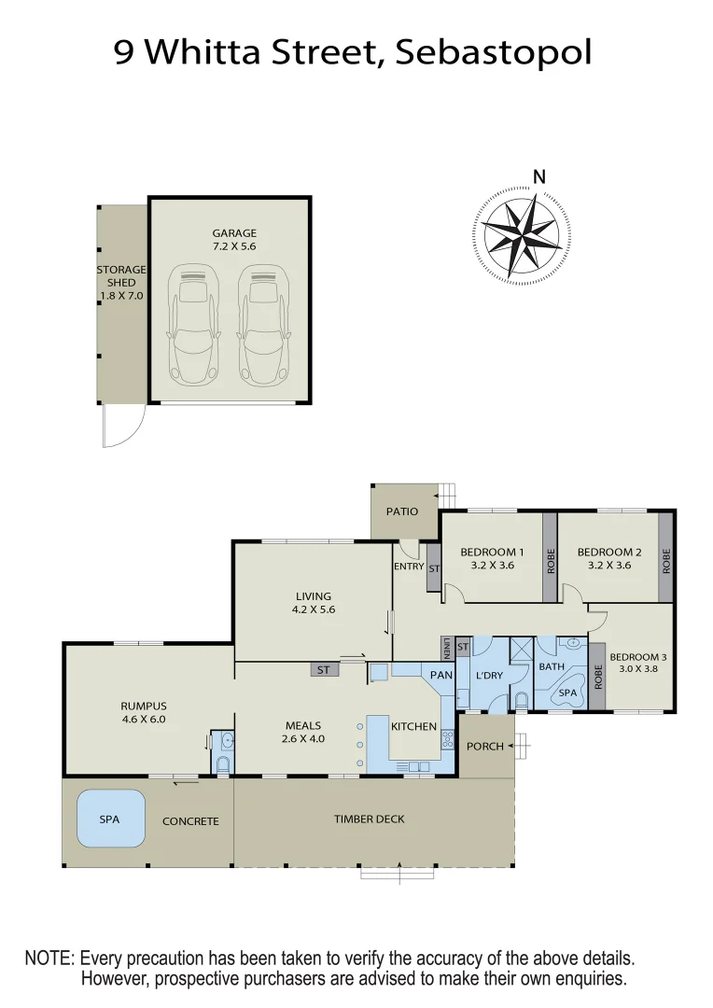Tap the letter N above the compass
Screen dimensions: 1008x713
point(538,177)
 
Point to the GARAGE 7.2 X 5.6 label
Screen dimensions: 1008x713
point(233,240)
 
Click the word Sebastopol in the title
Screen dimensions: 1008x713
point(494,52)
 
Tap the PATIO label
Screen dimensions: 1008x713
point(402,511)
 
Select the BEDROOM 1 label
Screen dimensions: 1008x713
point(492,558)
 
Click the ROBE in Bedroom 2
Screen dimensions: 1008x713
point(666,559)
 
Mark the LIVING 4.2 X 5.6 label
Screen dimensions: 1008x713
point(314,603)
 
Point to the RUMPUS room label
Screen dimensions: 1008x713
point(143,712)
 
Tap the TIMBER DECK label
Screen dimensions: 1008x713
point(370,819)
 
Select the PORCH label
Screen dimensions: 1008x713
point(484,746)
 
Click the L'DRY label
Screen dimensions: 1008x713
point(489,675)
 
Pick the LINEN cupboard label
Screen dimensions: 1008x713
point(448,647)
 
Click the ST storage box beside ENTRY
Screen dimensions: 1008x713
point(434,567)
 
